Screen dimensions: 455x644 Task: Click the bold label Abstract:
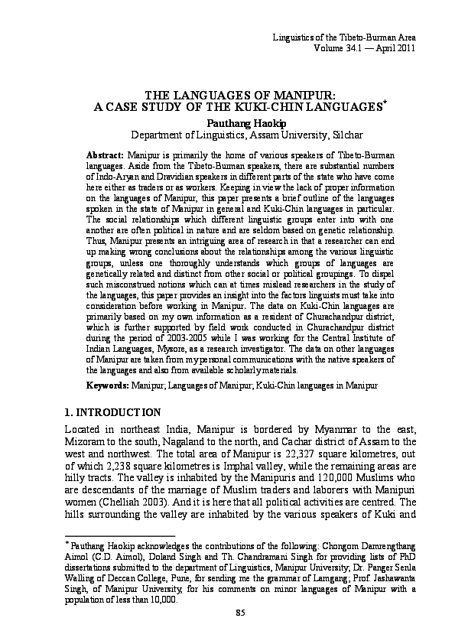click(106, 155)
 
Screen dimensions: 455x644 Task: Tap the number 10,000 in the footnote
click(164, 600)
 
